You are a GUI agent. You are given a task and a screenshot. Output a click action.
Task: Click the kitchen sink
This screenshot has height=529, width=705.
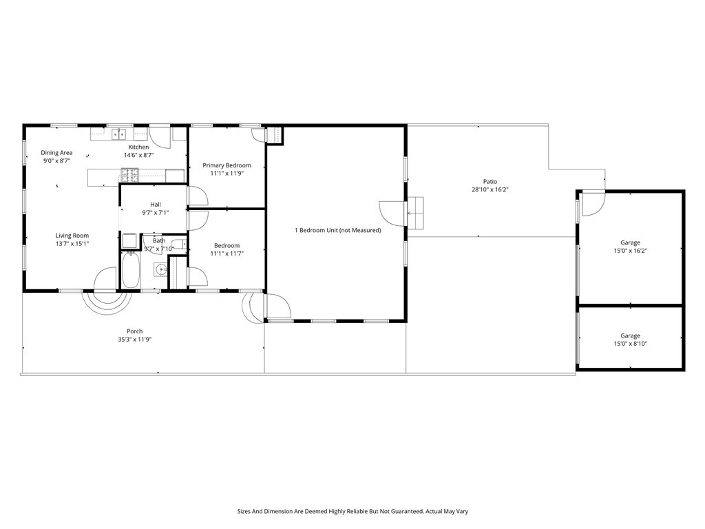(x=118, y=134)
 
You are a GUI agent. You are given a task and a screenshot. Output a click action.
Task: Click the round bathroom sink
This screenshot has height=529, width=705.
(x=160, y=269)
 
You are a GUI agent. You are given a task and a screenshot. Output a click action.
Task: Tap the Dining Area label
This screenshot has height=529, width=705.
(x=56, y=153)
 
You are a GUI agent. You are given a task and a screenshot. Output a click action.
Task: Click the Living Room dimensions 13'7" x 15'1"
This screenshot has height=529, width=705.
(x=72, y=244)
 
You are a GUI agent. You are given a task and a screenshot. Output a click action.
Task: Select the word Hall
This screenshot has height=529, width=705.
(x=156, y=204)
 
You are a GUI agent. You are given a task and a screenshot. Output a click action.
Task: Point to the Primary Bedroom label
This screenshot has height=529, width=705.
(x=227, y=165)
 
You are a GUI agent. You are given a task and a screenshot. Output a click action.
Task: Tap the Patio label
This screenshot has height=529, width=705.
(x=490, y=182)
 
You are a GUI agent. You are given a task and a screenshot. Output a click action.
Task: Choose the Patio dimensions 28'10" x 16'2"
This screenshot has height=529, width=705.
(x=490, y=189)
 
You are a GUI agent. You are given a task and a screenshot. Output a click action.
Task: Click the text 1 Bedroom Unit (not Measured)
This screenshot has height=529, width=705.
(x=337, y=230)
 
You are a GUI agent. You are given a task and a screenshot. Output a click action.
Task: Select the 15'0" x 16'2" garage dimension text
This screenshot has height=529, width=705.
(x=630, y=251)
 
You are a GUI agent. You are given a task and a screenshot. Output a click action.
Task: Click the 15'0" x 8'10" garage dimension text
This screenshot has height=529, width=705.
(x=630, y=344)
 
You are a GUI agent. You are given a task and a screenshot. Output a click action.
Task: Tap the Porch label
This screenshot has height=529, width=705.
(x=134, y=331)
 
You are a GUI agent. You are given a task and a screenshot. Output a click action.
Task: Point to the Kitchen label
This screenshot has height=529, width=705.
(x=138, y=147)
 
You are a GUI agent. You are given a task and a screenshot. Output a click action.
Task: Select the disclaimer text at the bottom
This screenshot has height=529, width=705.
(x=352, y=512)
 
